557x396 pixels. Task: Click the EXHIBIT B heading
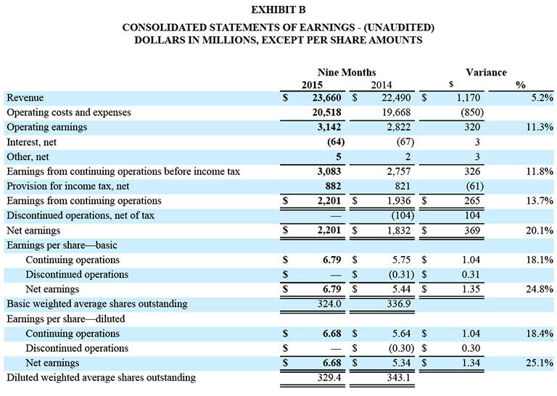pos(278,10)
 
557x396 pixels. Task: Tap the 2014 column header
pos(381,85)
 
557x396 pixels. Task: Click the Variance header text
pos(486,73)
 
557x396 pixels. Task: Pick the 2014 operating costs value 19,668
pos(392,112)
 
